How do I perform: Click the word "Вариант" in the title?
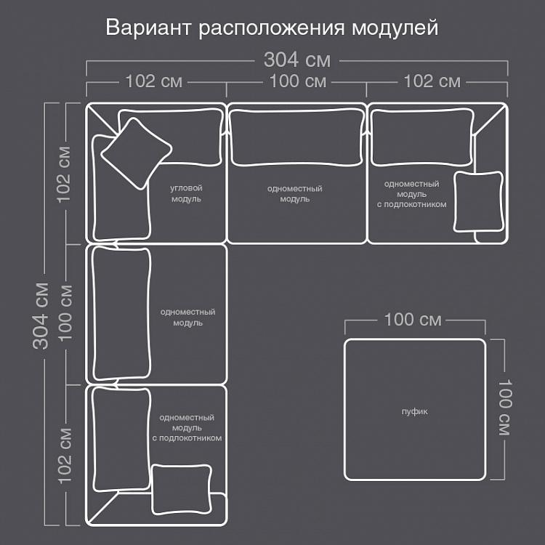(148, 28)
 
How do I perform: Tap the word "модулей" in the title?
(395, 28)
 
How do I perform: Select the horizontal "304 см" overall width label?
(296, 60)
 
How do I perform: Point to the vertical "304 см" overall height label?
(41, 315)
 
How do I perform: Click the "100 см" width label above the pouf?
(413, 320)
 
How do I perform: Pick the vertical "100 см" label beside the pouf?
(505, 407)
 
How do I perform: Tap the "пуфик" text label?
(415, 412)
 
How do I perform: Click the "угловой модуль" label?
(186, 193)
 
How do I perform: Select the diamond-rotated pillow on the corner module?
(137, 153)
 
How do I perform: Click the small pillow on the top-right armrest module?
(479, 201)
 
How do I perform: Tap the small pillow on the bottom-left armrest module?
(182, 489)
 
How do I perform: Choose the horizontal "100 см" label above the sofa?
(298, 81)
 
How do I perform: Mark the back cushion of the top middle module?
(296, 138)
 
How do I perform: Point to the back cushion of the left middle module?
(121, 313)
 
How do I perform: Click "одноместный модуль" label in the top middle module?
(295, 193)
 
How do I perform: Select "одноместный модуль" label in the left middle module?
(187, 317)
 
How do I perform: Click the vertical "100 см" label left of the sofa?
(65, 313)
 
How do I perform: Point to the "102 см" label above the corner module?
(153, 81)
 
